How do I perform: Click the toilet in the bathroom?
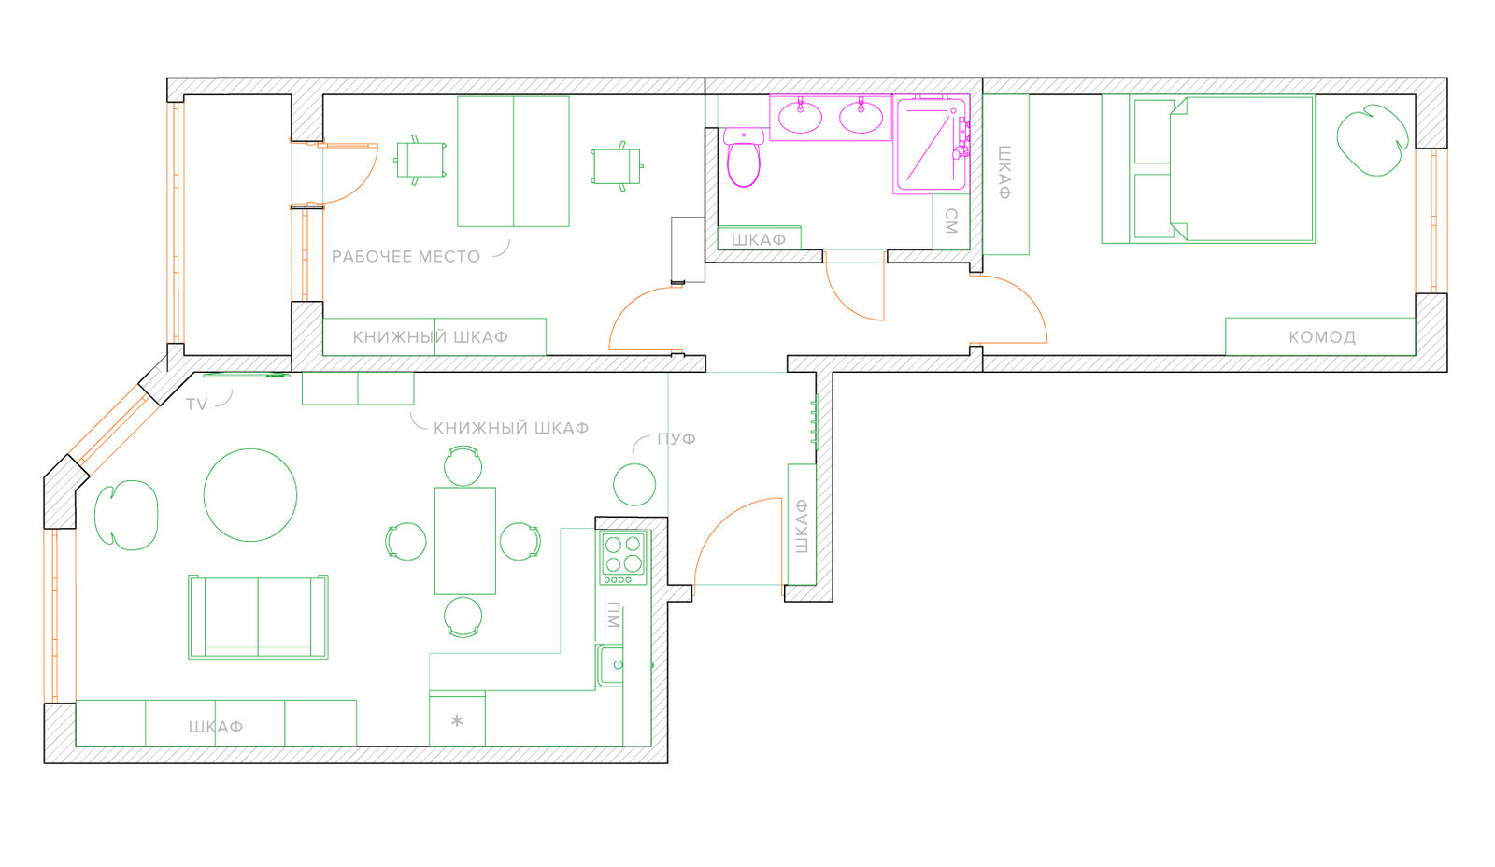point(744,157)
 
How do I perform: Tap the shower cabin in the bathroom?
point(931,145)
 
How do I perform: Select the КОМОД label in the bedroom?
point(1321,337)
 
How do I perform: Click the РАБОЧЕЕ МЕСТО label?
point(406,256)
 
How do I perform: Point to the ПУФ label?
point(676,438)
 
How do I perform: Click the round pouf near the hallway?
point(634,484)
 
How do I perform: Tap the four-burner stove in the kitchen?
point(623,558)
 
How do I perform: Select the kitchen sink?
point(610,665)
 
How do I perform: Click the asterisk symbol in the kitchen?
point(457,721)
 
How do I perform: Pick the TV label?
point(196,404)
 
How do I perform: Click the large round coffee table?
point(250,494)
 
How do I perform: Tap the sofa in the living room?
point(258,617)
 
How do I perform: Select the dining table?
point(465,541)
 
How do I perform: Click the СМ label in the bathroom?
point(952,220)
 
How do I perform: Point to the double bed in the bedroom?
point(1208,168)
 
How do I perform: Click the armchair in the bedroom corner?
point(1373,140)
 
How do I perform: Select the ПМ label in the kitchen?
point(614,616)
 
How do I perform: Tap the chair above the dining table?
point(463,465)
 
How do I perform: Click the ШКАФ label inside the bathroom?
point(759,239)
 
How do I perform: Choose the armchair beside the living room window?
point(126,515)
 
